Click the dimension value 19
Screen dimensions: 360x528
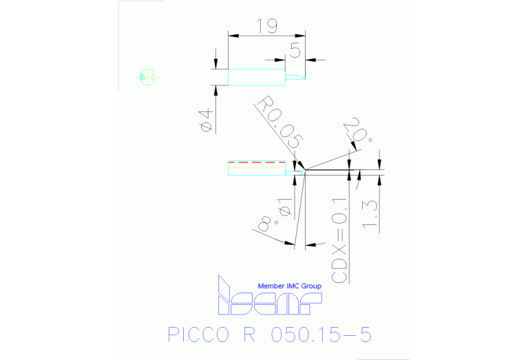point(266,26)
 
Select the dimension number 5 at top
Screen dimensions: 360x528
point(295,50)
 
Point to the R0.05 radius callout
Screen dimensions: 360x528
point(279,124)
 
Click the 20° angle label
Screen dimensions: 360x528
point(361,131)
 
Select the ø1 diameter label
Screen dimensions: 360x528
point(284,207)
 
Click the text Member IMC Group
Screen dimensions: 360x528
point(289,286)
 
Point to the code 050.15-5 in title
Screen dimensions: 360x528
point(321,335)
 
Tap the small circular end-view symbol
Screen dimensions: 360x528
point(145,76)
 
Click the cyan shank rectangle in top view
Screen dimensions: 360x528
point(255,76)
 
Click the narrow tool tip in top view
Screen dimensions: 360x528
point(295,77)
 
